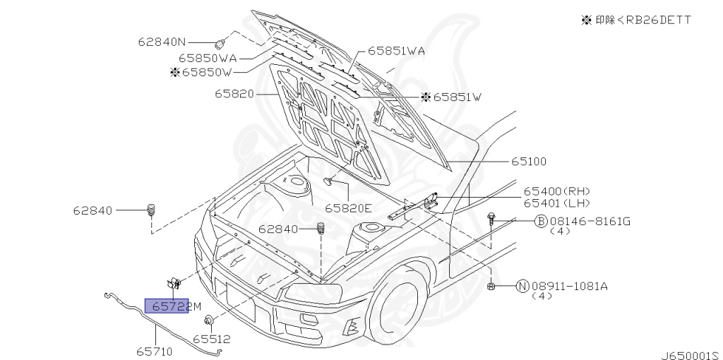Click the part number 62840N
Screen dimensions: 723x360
(162, 42)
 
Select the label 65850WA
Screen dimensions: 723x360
(208, 58)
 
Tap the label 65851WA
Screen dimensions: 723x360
(396, 51)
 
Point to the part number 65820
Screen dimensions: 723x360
(234, 94)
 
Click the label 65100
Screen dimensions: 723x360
(528, 162)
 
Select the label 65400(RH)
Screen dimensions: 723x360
(556, 191)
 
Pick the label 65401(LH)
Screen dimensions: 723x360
(556, 203)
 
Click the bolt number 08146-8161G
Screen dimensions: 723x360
(590, 221)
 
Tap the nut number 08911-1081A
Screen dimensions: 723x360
(570, 287)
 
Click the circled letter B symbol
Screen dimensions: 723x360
(540, 222)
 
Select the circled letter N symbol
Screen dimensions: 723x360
(522, 287)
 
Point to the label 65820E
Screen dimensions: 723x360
(348, 208)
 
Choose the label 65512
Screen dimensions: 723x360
(212, 340)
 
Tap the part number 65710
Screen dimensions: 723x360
(155, 352)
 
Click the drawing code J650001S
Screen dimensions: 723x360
(692, 355)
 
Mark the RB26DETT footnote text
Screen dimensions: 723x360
(637, 20)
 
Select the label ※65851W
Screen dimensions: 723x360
(451, 97)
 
